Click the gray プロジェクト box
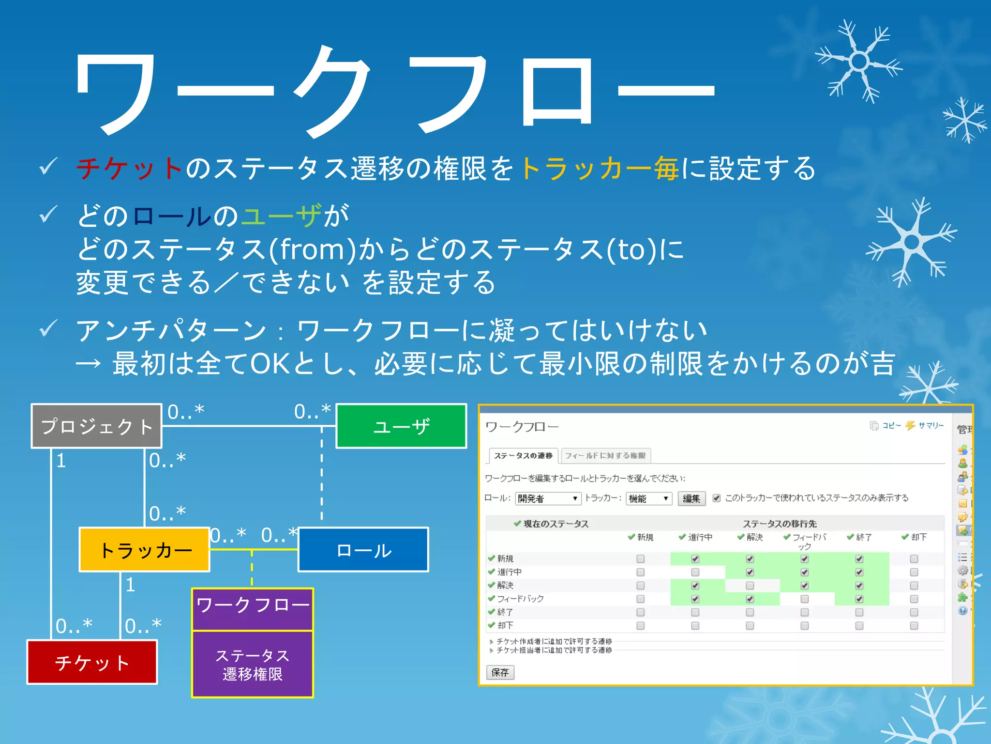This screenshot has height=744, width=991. click(x=96, y=426)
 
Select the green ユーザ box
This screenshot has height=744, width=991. click(x=401, y=426)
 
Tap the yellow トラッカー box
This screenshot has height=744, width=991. click(x=144, y=550)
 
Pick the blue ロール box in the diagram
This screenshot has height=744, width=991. click(x=363, y=550)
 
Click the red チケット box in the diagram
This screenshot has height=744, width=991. click(x=92, y=662)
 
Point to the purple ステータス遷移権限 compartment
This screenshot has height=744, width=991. click(x=252, y=664)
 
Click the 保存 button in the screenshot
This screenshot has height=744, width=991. click(x=500, y=672)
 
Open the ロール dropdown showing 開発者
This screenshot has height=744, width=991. click(x=548, y=498)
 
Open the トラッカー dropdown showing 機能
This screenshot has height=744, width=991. click(x=648, y=498)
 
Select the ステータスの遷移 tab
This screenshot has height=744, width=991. click(x=523, y=455)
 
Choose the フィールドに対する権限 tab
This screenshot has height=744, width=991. click(x=605, y=455)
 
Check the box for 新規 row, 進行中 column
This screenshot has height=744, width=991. click(x=695, y=559)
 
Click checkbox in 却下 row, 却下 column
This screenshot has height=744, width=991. click(x=914, y=625)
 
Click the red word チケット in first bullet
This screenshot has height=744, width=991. click(x=129, y=169)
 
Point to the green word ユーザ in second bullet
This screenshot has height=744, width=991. click(x=281, y=216)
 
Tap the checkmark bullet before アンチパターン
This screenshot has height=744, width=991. click(x=48, y=329)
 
